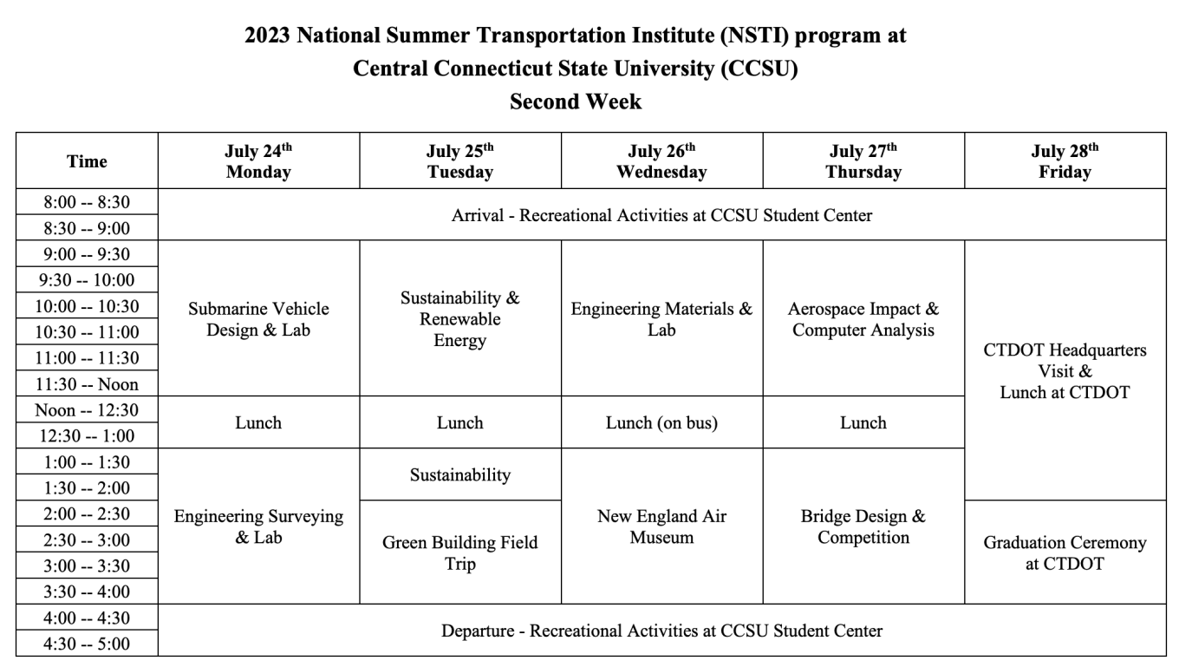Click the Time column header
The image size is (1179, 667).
point(87,161)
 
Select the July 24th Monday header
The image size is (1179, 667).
point(258,161)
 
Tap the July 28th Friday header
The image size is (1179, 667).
point(1065,161)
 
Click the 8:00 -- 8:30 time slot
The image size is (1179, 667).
point(87,202)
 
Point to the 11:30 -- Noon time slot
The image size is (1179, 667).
point(87,383)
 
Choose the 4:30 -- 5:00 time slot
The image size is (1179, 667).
point(87,644)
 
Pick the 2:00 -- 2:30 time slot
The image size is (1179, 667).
point(87,513)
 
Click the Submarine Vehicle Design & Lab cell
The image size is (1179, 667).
point(258,319)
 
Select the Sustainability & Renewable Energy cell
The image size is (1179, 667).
point(459,319)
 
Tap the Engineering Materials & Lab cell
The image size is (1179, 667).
point(661,319)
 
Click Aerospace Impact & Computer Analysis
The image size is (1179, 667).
point(863,319)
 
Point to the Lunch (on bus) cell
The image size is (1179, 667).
point(661,422)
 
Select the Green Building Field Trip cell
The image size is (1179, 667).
point(459,553)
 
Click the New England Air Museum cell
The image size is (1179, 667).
point(661,526)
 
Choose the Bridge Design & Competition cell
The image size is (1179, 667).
point(863,526)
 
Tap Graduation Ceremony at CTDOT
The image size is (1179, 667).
point(1065,553)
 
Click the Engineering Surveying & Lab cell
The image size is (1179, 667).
point(258,526)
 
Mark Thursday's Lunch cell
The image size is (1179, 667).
point(863,422)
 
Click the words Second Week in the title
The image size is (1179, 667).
point(576,101)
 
